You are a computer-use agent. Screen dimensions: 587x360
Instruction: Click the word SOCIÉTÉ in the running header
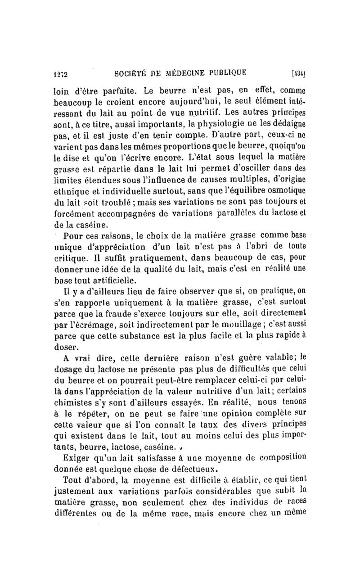132,71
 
